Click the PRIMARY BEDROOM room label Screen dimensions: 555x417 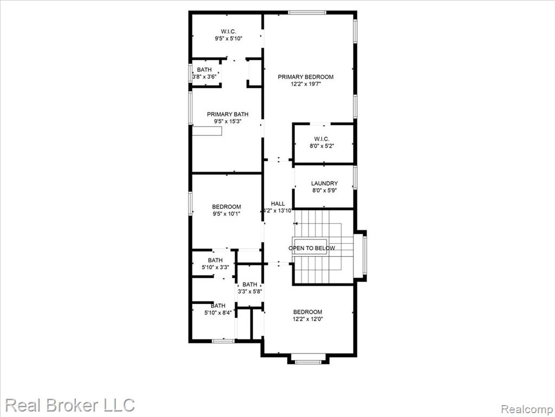pyautogui.click(x=306, y=77)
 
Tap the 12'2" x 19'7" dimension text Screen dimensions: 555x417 pyautogui.click(x=306, y=84)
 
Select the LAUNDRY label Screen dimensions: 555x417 pyautogui.click(x=324, y=184)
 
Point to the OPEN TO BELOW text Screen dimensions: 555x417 pyautogui.click(x=312, y=248)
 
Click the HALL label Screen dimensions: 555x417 pyautogui.click(x=278, y=204)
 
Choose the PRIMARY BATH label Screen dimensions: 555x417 pyautogui.click(x=228, y=114)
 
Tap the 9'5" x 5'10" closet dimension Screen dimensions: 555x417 pyautogui.click(x=228, y=39)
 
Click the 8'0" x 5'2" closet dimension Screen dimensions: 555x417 pyautogui.click(x=321, y=146)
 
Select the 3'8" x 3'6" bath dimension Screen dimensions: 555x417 pyautogui.click(x=204, y=77)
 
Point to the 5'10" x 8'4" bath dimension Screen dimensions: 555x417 pyautogui.click(x=218, y=313)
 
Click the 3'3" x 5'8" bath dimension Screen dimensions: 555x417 pyautogui.click(x=250, y=292)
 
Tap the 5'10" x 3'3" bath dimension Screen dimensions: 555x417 pyautogui.click(x=215, y=267)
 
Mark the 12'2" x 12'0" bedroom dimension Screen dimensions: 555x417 pyautogui.click(x=308, y=319)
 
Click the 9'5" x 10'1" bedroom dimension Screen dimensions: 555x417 pyautogui.click(x=227, y=214)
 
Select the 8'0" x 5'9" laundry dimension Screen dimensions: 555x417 pyautogui.click(x=324, y=191)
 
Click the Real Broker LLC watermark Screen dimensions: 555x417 pyautogui.click(x=70, y=405)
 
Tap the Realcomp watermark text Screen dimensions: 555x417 pyautogui.click(x=526, y=409)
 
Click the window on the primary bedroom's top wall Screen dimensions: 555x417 pyautogui.click(x=307, y=13)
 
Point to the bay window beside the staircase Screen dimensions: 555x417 pyautogui.click(x=365, y=256)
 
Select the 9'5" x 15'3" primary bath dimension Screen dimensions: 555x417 pyautogui.click(x=228, y=122)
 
